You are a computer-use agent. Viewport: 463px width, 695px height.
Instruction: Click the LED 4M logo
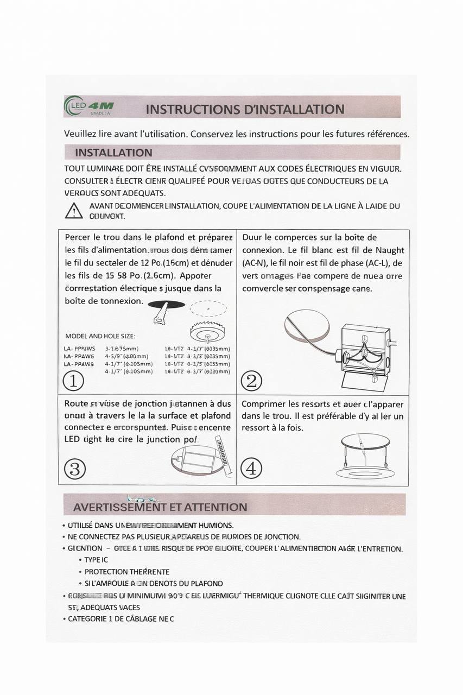(x=89, y=106)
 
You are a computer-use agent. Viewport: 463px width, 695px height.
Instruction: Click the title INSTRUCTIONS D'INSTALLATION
(x=245, y=109)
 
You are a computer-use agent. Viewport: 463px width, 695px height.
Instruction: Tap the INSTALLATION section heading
(x=113, y=153)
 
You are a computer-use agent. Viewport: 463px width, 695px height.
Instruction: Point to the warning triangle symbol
(x=74, y=211)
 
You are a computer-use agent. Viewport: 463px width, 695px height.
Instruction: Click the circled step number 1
(x=73, y=381)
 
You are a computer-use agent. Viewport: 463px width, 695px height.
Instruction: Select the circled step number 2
(x=251, y=381)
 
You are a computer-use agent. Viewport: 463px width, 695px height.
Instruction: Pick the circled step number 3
(x=74, y=469)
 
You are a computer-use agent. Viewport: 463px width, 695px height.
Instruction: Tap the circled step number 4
(x=251, y=468)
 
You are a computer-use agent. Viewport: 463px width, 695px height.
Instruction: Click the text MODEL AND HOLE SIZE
(x=100, y=336)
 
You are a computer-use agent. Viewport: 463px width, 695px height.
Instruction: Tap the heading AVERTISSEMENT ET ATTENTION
(x=160, y=507)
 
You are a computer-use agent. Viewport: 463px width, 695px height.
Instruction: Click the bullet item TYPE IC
(x=96, y=560)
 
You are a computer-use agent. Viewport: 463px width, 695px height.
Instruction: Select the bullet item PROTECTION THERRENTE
(x=126, y=572)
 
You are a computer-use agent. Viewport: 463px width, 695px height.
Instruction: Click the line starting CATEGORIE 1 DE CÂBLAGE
(x=120, y=618)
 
